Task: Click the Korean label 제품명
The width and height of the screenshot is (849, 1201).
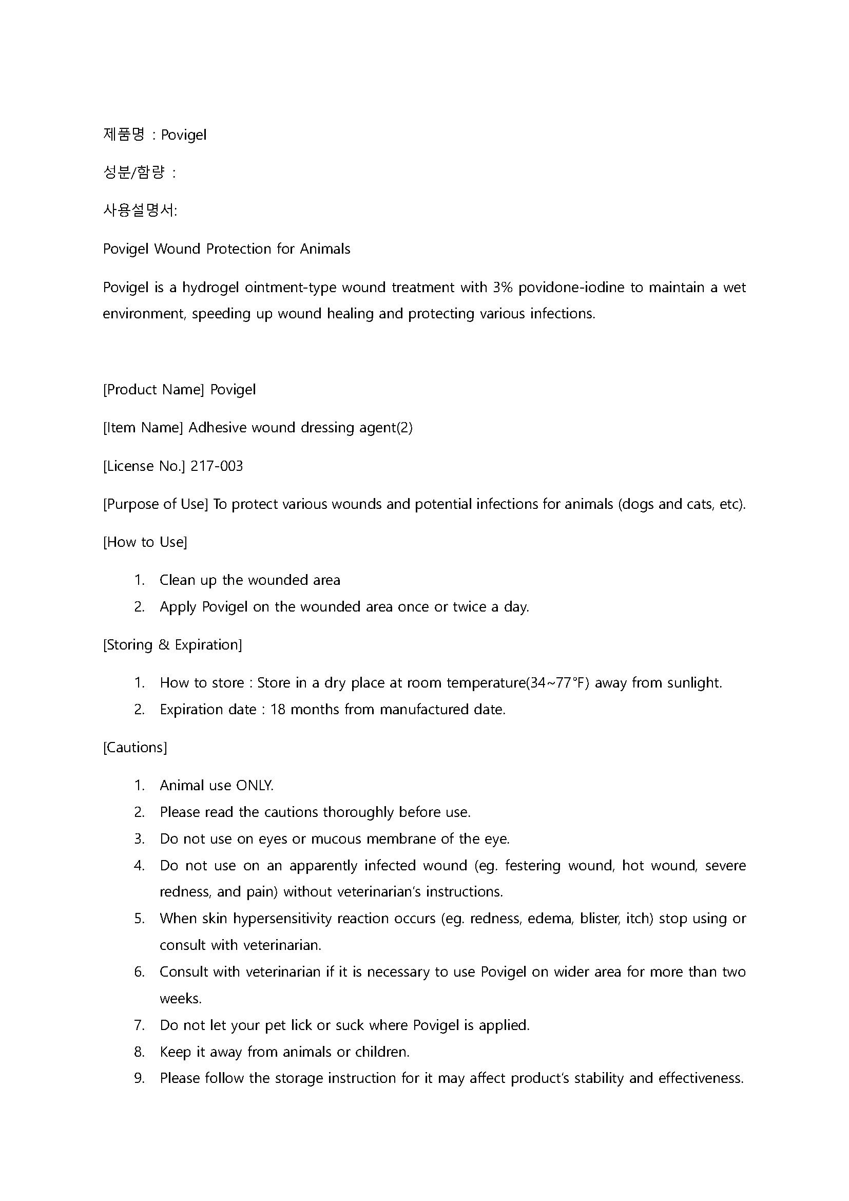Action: click(x=123, y=135)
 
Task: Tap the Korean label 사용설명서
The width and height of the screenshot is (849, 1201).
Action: click(x=139, y=211)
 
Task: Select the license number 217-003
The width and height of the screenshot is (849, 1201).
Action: click(x=217, y=466)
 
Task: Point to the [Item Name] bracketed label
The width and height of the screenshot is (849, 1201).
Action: click(x=143, y=428)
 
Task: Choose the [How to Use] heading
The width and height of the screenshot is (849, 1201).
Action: click(x=145, y=542)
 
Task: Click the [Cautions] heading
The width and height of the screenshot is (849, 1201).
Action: click(x=135, y=748)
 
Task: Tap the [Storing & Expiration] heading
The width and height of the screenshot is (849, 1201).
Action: click(x=172, y=645)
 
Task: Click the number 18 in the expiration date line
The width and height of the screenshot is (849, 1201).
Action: click(x=277, y=710)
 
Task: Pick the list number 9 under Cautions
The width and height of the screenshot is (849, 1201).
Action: click(x=139, y=1079)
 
